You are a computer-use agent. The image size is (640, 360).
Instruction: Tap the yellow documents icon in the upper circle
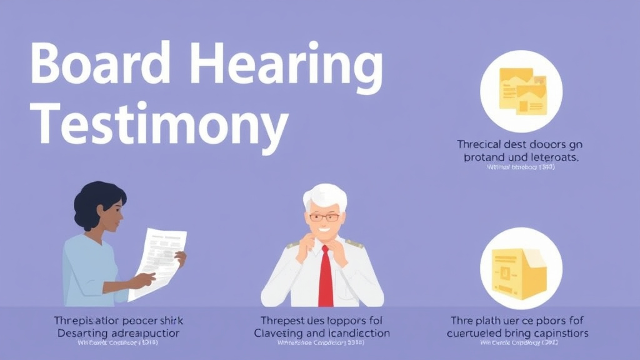coord(521,91)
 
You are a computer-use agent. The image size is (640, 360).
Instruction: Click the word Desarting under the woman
coord(82,333)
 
